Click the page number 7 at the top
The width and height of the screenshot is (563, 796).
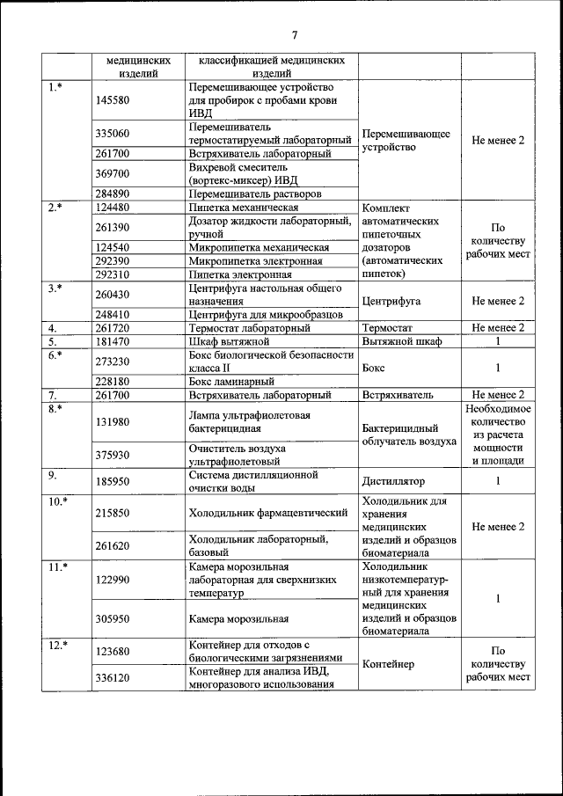[x=295, y=35]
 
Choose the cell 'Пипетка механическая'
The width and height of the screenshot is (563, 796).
[x=244, y=208]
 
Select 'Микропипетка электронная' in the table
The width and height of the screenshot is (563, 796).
[x=255, y=261]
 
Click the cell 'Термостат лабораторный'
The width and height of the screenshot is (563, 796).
[x=249, y=328]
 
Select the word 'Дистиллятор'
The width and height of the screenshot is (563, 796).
[x=393, y=482]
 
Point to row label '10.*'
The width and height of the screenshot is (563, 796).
[x=57, y=501]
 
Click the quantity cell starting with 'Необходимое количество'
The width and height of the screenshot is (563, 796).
[x=497, y=435]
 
